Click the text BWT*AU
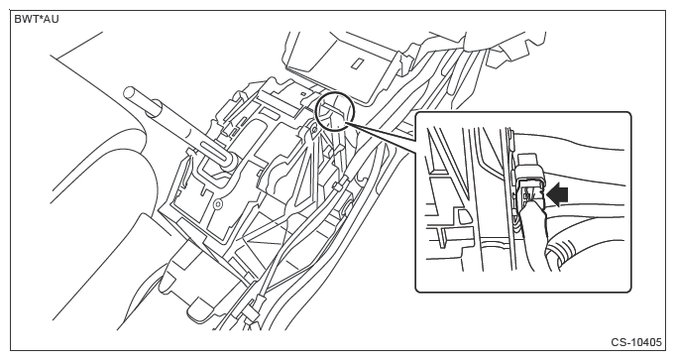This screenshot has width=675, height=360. click(37, 20)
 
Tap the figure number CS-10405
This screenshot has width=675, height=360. click(636, 342)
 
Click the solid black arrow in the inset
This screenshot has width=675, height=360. click(557, 194)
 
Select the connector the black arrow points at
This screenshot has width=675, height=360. click(529, 189)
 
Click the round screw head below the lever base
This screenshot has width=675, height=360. click(218, 202)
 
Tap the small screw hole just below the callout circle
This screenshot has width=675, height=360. click(315, 128)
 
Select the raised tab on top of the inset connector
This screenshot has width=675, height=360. click(529, 162)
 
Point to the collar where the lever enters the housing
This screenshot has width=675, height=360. click(228, 161)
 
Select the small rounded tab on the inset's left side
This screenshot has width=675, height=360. click(464, 215)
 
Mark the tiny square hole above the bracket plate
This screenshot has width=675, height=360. click(303, 92)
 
